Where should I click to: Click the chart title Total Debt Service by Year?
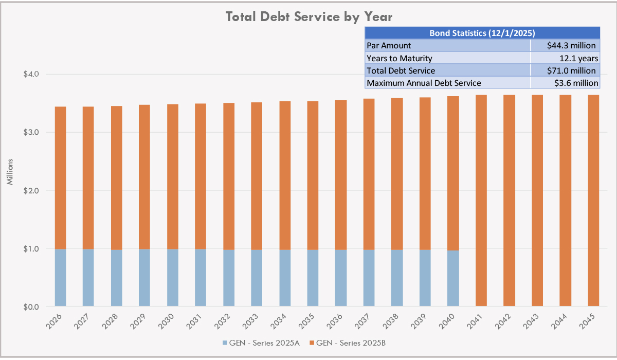(309, 16)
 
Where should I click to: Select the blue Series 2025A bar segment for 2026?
(60, 278)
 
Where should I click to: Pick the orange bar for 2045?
(593, 201)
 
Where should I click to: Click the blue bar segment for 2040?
(453, 278)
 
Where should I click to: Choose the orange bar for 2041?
(481, 201)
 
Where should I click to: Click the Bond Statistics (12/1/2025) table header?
(482, 33)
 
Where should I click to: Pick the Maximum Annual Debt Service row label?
(424, 83)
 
